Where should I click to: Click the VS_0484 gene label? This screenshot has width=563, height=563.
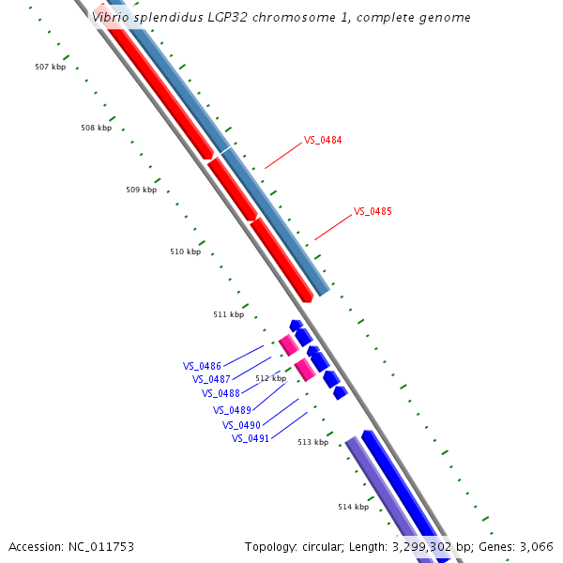[x=322, y=141]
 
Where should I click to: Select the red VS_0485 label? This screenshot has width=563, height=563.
[x=372, y=212]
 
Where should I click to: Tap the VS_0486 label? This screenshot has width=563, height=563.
[x=202, y=366]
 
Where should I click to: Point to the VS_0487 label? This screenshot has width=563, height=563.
[x=211, y=379]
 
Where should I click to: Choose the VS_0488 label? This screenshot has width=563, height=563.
[x=221, y=394]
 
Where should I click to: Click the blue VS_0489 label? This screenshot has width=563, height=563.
[x=232, y=410]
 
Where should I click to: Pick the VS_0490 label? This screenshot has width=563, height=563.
[x=241, y=425]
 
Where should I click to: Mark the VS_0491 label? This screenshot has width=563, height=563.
[x=251, y=438]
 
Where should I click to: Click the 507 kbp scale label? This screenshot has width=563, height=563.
[x=50, y=68]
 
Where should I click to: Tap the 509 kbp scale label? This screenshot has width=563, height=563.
[x=141, y=190]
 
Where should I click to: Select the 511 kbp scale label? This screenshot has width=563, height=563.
[x=228, y=314]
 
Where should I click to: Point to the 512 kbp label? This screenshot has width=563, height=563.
[x=270, y=379]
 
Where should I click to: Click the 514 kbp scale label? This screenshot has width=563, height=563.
[x=353, y=507]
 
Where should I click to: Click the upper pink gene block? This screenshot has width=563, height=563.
[x=288, y=344]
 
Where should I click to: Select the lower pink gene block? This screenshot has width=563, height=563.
[x=305, y=369]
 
